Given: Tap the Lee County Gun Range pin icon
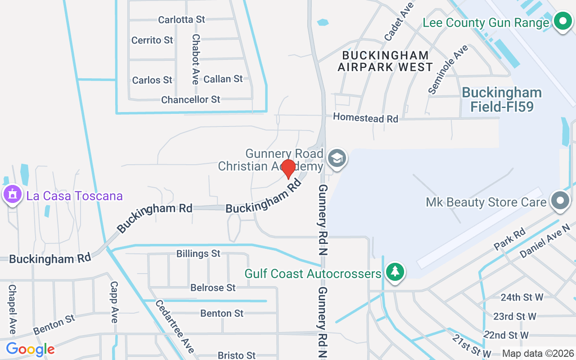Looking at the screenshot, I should pos(562,21).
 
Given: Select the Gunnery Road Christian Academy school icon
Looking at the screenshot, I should pos(336,158).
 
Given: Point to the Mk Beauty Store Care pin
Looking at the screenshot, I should pos(560,201).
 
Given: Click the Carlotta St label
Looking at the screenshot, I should pos(181,19).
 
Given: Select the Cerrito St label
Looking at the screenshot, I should pos(152,40).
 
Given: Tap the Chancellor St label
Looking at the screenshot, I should pos(191,99).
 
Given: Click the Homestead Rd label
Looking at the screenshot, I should pos(365,118).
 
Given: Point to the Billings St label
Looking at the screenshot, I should pos(198,253).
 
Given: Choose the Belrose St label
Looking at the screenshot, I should pos(213,287).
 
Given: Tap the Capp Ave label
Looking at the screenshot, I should pos(114,302).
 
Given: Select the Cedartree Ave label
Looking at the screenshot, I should pos(175,326).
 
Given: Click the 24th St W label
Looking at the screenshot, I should pos(522,297).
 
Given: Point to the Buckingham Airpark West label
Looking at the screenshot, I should pos(385,61).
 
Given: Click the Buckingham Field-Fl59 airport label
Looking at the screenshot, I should pos(502,99).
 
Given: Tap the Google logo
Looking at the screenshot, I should pos(30,349).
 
